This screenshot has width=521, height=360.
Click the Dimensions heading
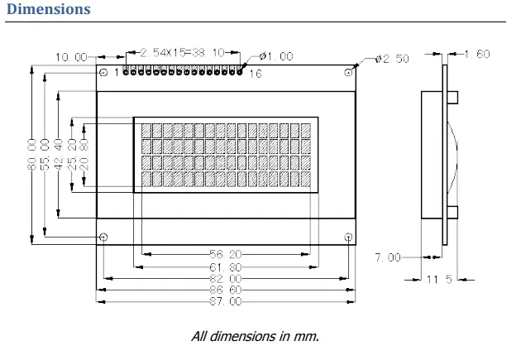point(48,10)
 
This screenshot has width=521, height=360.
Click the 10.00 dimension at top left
point(71,57)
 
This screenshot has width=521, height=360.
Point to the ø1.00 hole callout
point(276,56)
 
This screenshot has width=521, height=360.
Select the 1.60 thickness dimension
point(477,55)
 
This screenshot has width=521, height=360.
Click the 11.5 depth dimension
point(439,280)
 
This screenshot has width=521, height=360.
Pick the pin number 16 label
point(256,74)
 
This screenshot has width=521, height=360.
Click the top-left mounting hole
point(103,73)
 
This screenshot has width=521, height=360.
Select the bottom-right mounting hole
point(349,238)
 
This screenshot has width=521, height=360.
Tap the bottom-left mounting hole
point(103,238)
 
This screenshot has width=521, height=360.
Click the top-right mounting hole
point(349,73)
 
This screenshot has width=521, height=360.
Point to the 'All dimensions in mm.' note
point(255,336)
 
